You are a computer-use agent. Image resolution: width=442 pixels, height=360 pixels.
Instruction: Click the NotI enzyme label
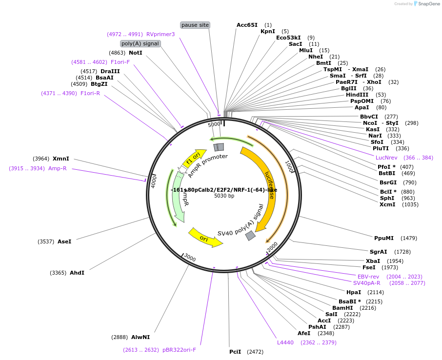point(136,52)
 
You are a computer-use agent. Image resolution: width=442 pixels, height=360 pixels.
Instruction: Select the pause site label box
point(195,25)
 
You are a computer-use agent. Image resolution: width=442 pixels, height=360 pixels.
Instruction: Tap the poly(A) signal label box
point(141,43)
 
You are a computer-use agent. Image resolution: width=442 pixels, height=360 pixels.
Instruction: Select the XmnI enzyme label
point(61,159)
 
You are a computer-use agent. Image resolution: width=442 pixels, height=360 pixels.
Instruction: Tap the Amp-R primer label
point(57,168)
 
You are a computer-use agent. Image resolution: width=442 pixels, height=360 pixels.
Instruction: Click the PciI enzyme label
point(235,351)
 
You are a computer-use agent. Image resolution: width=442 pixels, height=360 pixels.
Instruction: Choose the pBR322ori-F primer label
point(179,349)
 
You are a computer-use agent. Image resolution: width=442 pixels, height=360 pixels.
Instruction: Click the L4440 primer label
point(285,342)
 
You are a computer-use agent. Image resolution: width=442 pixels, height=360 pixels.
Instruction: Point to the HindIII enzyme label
point(357,95)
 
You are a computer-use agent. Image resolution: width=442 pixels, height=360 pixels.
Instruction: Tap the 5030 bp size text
point(224,196)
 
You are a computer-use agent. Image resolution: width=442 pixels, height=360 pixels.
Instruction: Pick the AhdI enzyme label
point(77,273)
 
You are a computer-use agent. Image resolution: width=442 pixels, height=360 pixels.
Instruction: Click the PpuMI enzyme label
point(383,238)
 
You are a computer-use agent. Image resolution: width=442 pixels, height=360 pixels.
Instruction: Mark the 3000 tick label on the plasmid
point(190,258)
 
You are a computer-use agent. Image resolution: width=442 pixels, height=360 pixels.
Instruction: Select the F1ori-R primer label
point(90,93)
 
